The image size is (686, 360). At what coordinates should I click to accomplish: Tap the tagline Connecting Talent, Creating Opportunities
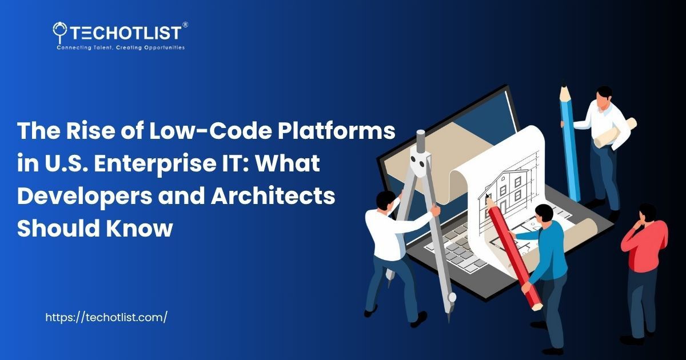pyautogui.click(x=120, y=47)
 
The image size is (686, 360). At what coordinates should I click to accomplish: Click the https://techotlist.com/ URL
pyautogui.click(x=106, y=318)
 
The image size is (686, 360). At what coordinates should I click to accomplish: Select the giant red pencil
pyautogui.click(x=512, y=251)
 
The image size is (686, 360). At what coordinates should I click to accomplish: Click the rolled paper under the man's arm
pyautogui.click(x=615, y=133)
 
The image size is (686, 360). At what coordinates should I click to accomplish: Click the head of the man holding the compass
pyautogui.click(x=386, y=201)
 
